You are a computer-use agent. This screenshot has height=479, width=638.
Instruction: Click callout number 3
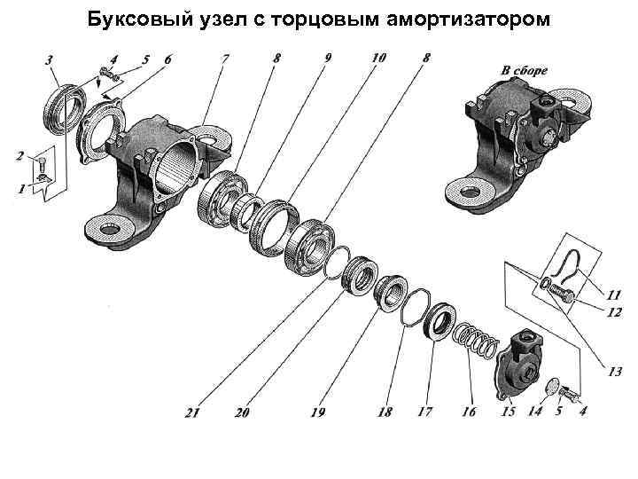[x=50, y=59]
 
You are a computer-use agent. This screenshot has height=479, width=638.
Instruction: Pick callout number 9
[x=328, y=59]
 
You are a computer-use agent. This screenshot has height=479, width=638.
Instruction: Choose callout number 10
[x=378, y=59]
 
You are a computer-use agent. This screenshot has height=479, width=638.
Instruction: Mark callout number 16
[x=468, y=412]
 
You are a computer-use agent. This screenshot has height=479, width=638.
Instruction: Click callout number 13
[x=614, y=373]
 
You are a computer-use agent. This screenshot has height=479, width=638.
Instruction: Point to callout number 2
[x=19, y=156]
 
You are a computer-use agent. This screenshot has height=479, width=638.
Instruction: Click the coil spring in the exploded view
[x=475, y=339]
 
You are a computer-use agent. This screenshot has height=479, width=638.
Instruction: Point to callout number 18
[x=385, y=412]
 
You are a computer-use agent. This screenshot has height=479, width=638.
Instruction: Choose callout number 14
[x=534, y=412]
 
